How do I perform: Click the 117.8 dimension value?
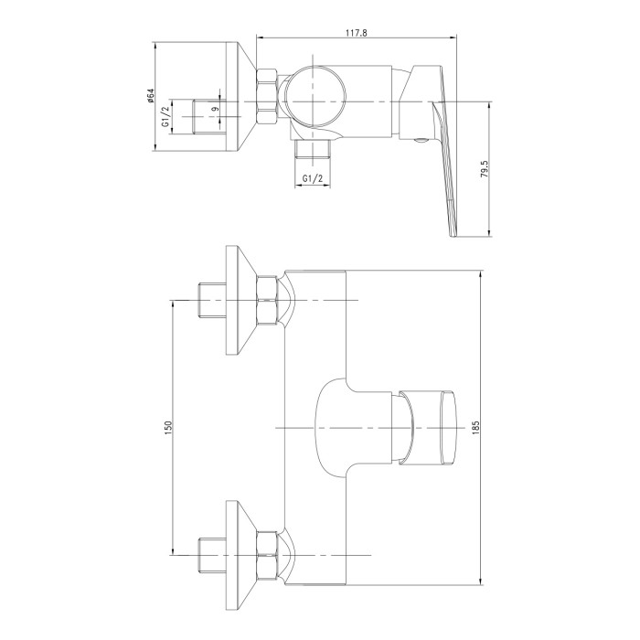coord(357,33)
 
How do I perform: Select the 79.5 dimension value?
coord(484,168)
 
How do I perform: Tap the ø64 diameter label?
coord(150,95)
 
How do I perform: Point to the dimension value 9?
coord(216,109)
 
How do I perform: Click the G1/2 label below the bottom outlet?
coord(313,178)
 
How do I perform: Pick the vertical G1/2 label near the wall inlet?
coord(165,116)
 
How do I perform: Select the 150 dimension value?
coord(169,426)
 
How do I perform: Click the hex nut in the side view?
coord(266,96)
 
